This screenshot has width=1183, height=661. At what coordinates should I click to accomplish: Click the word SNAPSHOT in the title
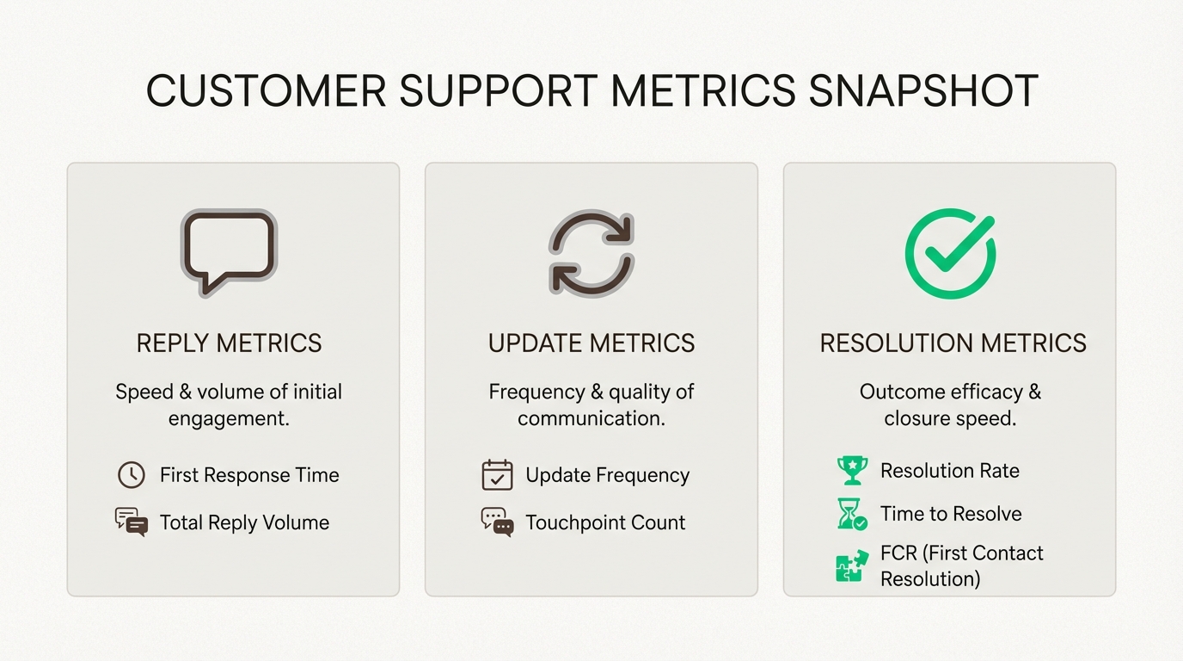click(923, 91)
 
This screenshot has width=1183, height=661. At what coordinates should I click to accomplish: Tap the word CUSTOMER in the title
click(266, 91)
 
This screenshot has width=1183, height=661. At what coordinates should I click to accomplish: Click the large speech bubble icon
click(229, 252)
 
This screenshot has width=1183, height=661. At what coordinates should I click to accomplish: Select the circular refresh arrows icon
click(591, 253)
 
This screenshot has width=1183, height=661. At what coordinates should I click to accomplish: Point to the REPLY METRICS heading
click(229, 343)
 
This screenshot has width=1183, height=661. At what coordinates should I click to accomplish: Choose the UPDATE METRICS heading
click(591, 343)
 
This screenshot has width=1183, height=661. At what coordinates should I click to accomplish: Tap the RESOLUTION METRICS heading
click(953, 343)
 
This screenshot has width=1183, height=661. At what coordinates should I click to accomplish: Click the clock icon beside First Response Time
click(131, 474)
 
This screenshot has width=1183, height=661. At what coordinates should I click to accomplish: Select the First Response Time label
click(249, 475)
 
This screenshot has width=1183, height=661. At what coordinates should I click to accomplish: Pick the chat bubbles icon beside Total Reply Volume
click(131, 522)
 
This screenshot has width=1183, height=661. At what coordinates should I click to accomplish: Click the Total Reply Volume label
click(244, 522)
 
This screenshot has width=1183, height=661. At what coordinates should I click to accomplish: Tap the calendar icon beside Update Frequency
click(497, 474)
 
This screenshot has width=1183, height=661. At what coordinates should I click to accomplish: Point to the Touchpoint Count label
click(605, 522)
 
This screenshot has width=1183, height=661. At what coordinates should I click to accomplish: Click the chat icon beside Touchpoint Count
click(497, 522)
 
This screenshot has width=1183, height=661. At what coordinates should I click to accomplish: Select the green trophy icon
click(852, 470)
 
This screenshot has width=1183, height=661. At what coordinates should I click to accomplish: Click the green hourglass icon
click(851, 514)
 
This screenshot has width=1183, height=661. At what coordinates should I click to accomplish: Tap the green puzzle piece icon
click(851, 566)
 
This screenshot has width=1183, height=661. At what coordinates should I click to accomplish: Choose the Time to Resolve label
click(951, 514)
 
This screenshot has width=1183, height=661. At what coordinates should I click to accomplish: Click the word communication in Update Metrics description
click(591, 418)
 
